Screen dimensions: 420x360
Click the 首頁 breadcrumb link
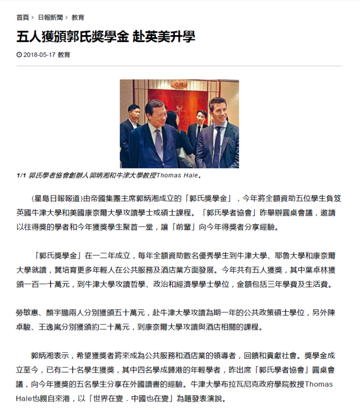(x=23, y=17)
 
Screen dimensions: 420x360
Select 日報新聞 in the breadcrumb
(x=50, y=17)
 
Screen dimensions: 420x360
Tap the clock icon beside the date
(x=19, y=55)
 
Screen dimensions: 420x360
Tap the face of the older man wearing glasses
(x=155, y=113)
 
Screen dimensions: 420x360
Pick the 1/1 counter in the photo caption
(x=21, y=176)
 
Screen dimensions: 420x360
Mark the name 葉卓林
(x=312, y=270)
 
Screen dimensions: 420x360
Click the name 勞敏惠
(x=28, y=312)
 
